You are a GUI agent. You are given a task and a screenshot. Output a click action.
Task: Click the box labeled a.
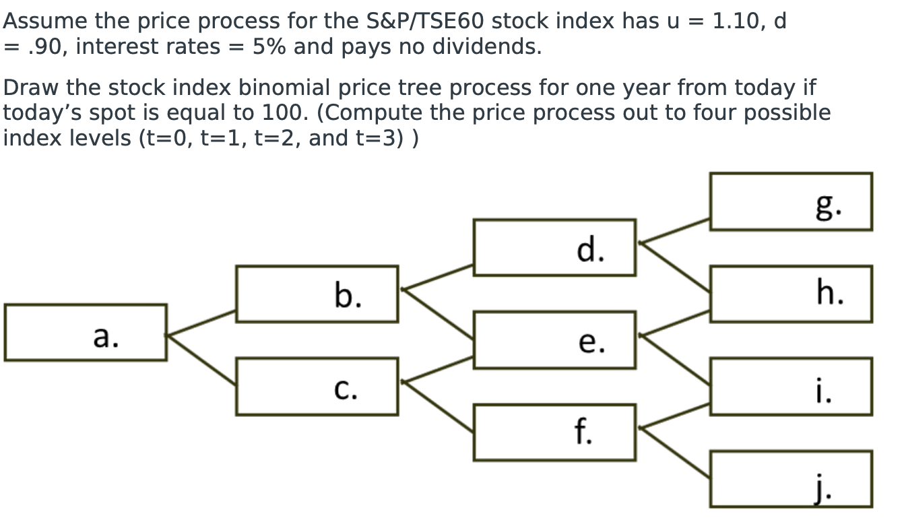pyautogui.click(x=86, y=332)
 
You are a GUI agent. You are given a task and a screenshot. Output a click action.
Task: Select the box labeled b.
pyautogui.click(x=317, y=294)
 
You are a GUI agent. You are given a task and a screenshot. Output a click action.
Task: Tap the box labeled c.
pyautogui.click(x=317, y=387)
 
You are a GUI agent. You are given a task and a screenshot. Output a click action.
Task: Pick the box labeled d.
pyautogui.click(x=554, y=247)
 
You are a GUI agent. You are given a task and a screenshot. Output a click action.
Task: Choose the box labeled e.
pyautogui.click(x=554, y=339)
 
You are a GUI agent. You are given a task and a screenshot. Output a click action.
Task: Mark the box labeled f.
pyautogui.click(x=554, y=432)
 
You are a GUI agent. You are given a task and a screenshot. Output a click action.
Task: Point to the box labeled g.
pyautogui.click(x=791, y=201)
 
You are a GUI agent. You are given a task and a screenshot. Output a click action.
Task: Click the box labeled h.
pyautogui.click(x=791, y=294)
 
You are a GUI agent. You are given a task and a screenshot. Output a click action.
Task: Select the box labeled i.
pyautogui.click(x=791, y=387)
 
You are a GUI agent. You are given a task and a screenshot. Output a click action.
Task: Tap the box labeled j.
pyautogui.click(x=791, y=479)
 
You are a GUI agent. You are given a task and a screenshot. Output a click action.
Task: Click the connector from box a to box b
pyautogui.click(x=201, y=322)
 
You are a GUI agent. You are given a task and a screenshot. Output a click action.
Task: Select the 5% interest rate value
pyautogui.click(x=269, y=47)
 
